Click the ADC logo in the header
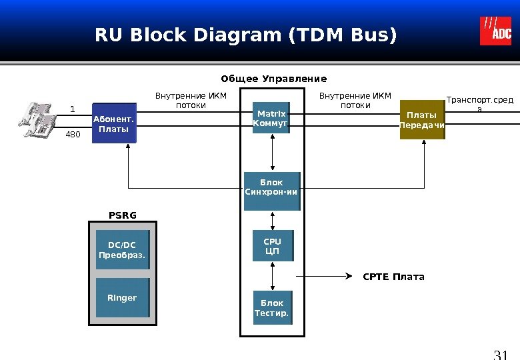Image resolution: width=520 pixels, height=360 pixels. click(495, 31)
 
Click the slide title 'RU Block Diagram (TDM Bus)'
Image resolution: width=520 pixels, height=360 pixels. click(245, 34)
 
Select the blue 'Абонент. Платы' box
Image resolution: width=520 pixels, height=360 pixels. click(114, 123)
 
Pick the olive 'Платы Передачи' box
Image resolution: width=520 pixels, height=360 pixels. click(422, 120)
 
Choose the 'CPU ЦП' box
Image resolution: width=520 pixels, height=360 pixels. click(273, 246)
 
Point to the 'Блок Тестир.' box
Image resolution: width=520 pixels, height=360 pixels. click(272, 307)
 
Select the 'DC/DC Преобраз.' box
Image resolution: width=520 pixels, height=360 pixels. click(122, 250)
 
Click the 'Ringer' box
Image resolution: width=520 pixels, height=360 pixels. click(122, 298)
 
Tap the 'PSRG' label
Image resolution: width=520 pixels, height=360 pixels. click(122, 215)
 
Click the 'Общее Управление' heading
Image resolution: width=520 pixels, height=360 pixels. click(273, 79)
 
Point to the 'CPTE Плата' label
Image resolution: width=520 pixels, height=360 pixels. click(393, 277)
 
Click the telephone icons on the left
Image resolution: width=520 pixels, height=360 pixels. click(37, 120)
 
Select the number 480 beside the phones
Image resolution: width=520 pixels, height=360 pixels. click(72, 135)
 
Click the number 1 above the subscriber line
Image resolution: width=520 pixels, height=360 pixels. click(73, 109)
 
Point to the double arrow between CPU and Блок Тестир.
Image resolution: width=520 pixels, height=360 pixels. click(272, 276)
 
